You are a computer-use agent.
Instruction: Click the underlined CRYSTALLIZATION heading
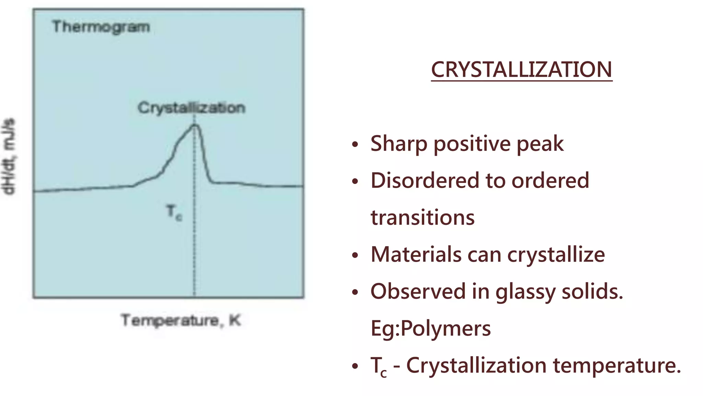(x=521, y=70)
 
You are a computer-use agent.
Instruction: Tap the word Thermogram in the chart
(x=101, y=27)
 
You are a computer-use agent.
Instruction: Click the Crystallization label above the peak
(x=191, y=108)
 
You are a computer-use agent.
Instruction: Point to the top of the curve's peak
(x=195, y=125)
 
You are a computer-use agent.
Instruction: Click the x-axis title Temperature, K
(x=181, y=320)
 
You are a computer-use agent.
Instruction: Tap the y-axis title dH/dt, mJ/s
(x=9, y=156)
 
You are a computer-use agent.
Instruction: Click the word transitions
(x=423, y=218)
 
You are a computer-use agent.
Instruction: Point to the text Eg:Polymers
(x=430, y=328)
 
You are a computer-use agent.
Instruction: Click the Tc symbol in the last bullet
(x=379, y=366)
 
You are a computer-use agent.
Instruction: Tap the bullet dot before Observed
(x=355, y=292)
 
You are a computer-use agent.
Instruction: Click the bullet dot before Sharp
(x=355, y=144)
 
